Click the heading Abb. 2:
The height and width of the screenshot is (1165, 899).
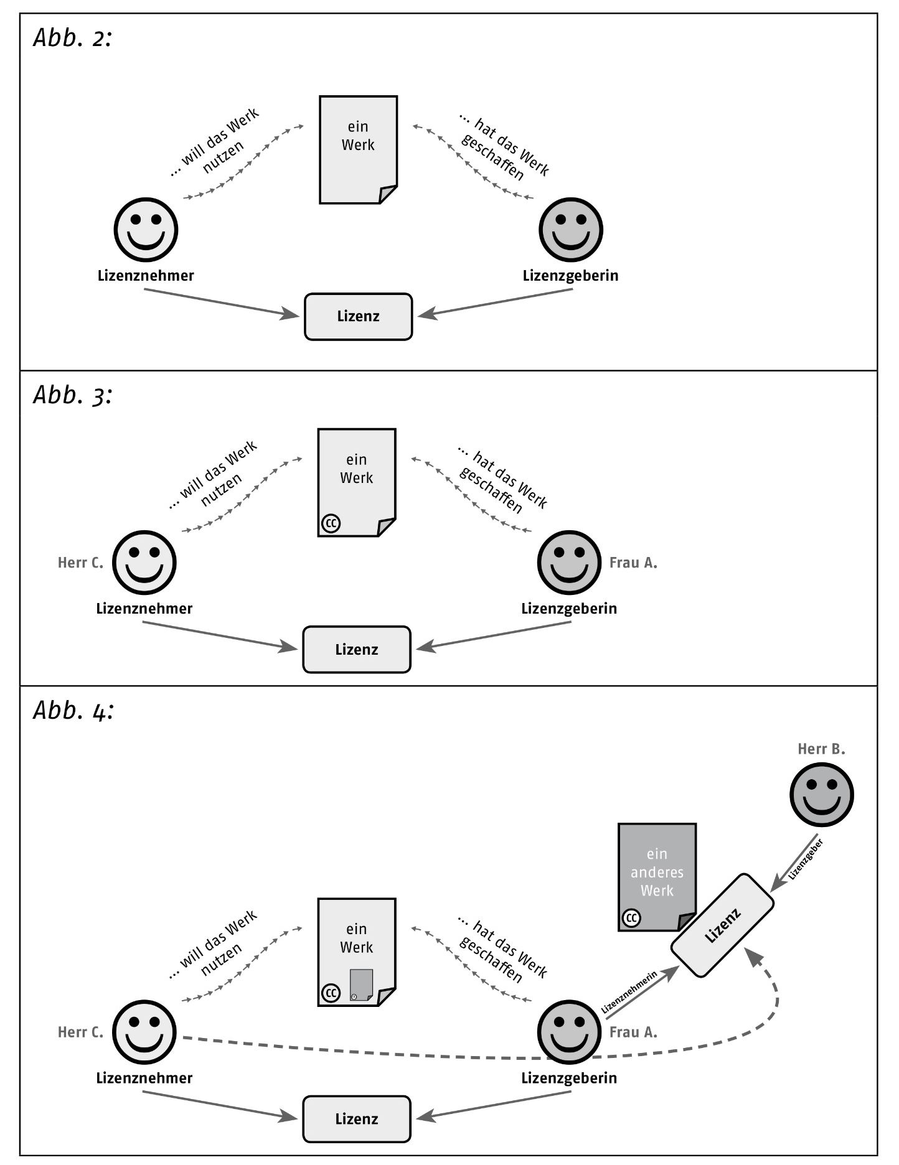point(72,39)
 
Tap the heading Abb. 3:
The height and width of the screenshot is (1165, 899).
point(72,395)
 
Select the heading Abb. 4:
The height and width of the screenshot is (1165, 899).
point(73,711)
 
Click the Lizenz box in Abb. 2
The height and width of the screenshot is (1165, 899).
point(358,317)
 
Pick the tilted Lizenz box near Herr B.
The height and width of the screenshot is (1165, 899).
point(722,925)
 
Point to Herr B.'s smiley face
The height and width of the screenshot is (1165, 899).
point(821,794)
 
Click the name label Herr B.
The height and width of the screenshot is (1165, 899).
point(821,749)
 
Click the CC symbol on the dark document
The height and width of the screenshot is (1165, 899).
point(631,918)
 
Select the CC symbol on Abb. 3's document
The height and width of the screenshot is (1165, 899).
point(331,523)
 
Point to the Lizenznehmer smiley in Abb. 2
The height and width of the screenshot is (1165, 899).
point(146,230)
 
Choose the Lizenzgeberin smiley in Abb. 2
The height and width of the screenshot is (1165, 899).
point(570,230)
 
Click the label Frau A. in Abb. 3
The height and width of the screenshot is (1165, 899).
point(633,563)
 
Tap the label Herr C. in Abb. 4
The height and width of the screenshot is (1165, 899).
point(80,1032)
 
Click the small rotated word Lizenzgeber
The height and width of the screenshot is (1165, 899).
point(806,859)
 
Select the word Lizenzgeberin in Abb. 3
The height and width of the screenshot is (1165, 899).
point(569,609)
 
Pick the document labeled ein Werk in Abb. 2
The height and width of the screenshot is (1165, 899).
point(358,149)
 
